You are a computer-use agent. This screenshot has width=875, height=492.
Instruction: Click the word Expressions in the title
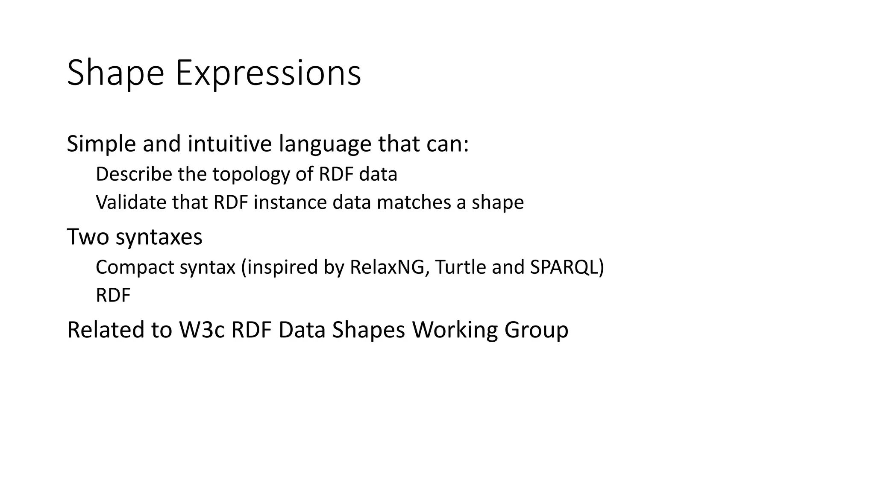268,73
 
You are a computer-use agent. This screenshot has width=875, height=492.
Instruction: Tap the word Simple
101,143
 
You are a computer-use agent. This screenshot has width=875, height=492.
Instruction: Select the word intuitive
229,143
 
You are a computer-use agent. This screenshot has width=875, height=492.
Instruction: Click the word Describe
133,174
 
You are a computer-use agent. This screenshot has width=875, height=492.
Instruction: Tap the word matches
413,202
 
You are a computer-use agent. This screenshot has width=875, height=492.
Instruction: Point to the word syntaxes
159,237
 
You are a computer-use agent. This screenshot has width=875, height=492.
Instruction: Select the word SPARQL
564,268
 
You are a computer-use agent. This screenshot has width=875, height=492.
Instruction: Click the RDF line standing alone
113,295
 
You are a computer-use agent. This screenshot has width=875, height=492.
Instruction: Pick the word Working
455,331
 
